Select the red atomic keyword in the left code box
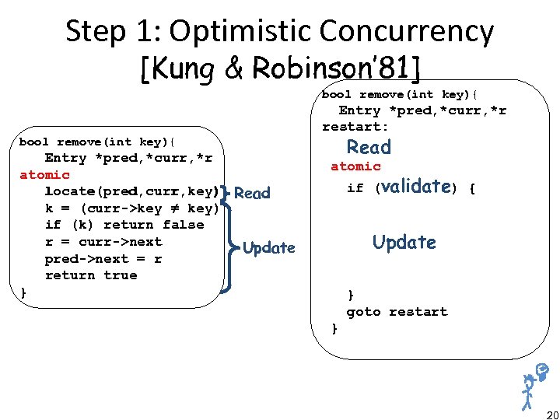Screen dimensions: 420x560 click(x=44, y=175)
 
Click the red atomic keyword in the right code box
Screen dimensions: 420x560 click(x=355, y=166)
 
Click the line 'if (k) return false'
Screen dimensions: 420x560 click(x=124, y=225)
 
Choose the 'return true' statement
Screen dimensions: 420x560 click(x=90, y=275)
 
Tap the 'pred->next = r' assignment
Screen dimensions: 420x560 click(x=103, y=258)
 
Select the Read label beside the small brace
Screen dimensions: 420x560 click(x=252, y=194)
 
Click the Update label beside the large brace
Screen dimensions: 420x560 click(x=269, y=248)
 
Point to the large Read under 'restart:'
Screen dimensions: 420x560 click(x=369, y=147)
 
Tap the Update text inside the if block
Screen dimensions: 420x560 click(x=404, y=242)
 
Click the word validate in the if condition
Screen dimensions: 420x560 click(x=417, y=187)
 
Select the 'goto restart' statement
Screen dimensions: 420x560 click(x=397, y=312)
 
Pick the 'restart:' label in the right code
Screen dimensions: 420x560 click(x=355, y=127)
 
